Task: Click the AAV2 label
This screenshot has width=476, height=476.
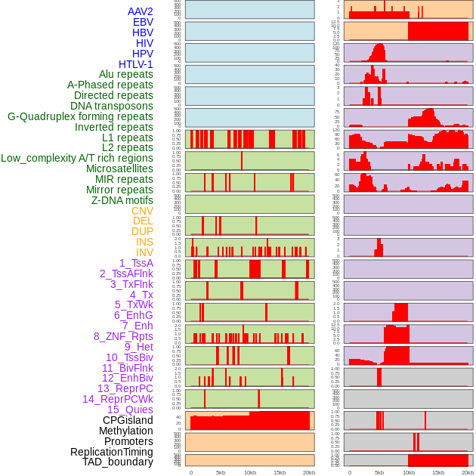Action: [x=140, y=11]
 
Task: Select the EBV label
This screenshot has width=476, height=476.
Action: [x=143, y=22]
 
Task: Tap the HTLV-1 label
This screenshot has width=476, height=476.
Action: [x=135, y=64]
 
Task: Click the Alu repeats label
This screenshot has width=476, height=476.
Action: [x=125, y=74]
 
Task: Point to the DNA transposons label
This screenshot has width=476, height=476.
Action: [x=111, y=106]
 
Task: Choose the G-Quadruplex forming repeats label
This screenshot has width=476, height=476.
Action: [x=80, y=116]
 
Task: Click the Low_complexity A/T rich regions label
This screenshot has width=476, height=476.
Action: [x=77, y=158]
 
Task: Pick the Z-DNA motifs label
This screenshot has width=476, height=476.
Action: [x=122, y=200]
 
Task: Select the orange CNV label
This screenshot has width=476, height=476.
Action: [x=142, y=211]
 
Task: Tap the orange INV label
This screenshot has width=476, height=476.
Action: [x=144, y=252]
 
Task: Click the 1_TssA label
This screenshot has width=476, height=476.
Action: [x=136, y=263]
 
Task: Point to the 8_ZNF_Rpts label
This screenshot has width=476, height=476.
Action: [x=123, y=336]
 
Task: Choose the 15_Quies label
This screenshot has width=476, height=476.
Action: [x=130, y=410]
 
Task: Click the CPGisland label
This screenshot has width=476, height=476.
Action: [x=128, y=420]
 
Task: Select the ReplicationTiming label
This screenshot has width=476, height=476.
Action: [x=111, y=452]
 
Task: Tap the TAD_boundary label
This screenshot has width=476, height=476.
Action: [x=117, y=462]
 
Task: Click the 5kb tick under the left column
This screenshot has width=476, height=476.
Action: [x=221, y=472]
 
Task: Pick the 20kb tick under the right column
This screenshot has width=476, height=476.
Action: [x=468, y=472]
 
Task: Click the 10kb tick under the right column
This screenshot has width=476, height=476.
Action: [x=408, y=472]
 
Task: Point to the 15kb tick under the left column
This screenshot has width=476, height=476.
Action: [x=279, y=472]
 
